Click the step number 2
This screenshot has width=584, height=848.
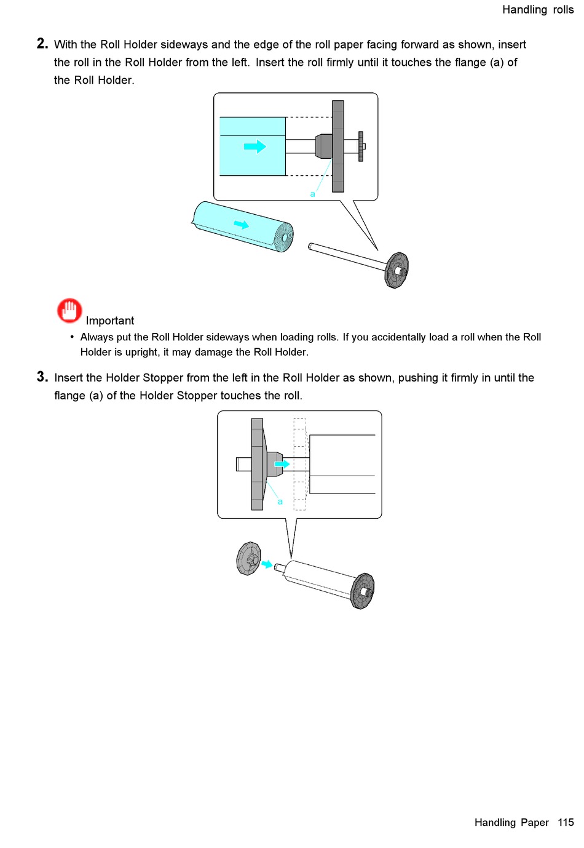click(x=42, y=44)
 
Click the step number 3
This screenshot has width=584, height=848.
click(x=42, y=377)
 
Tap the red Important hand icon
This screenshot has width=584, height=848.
click(x=69, y=310)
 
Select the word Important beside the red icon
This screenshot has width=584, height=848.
click(x=109, y=321)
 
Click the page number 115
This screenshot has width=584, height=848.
click(x=566, y=822)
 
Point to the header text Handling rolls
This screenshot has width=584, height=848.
click(x=537, y=9)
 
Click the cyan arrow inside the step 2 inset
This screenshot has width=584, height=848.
click(x=255, y=146)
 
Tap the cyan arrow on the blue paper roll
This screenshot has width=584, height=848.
click(x=242, y=225)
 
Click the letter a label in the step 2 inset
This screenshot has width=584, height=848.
click(x=312, y=194)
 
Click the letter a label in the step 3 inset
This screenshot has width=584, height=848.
click(x=280, y=502)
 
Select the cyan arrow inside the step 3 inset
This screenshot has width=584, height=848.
click(x=282, y=464)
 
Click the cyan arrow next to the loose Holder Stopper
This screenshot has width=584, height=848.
click(x=267, y=564)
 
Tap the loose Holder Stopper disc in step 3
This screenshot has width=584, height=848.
click(x=249, y=558)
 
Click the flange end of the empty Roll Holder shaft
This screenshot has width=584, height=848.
click(x=397, y=270)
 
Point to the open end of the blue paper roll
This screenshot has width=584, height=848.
click(x=284, y=237)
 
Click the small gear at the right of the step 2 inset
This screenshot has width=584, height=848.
click(x=361, y=146)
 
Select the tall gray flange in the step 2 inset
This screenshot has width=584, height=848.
click(x=338, y=146)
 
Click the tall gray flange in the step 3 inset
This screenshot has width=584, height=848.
click(x=257, y=464)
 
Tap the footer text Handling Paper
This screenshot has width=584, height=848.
click(x=511, y=822)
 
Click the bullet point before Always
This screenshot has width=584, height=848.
click(x=72, y=337)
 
